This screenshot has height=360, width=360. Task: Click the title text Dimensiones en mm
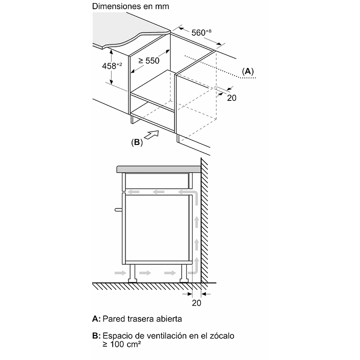point(131,7)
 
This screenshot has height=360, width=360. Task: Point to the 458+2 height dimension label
point(112,66)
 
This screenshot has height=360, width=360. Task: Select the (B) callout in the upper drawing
point(137,143)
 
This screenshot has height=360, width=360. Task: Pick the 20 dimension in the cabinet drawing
point(231,98)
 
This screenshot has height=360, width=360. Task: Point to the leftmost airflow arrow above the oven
point(135,192)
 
